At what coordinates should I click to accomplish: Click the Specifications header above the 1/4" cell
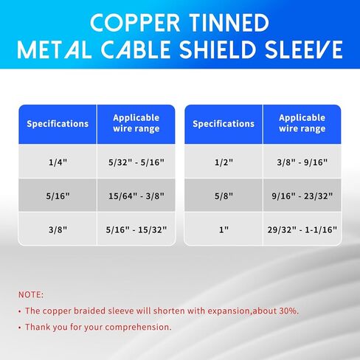click(58, 124)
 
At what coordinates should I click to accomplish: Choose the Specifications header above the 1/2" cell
click(224, 124)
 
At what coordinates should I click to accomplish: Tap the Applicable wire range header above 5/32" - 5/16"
click(136, 124)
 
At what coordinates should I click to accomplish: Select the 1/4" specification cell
click(58, 162)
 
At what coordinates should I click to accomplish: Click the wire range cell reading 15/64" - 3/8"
click(136, 195)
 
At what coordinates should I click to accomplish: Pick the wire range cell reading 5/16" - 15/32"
click(136, 229)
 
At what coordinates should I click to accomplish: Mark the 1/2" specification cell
click(224, 162)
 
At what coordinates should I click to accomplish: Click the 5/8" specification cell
click(224, 195)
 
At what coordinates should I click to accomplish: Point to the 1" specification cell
click(224, 229)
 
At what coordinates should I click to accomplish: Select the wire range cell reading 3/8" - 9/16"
click(302, 162)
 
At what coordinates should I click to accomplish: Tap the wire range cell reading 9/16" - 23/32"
click(302, 195)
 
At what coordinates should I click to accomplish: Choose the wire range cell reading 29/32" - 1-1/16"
click(302, 229)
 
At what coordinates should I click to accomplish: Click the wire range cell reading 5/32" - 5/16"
click(136, 162)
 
